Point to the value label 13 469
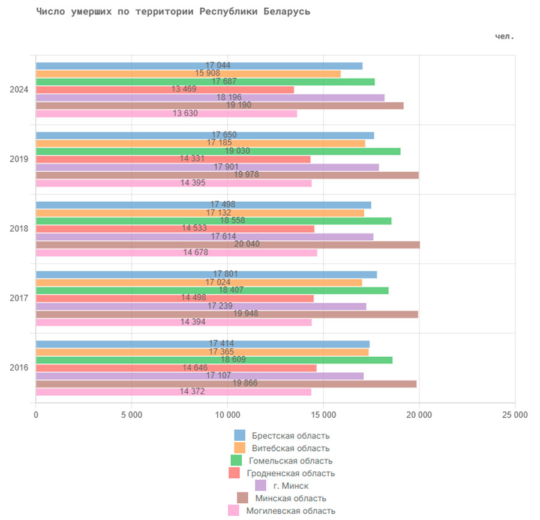coord(184,89)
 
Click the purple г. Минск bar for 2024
coord(300,97)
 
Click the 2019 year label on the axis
coord(19,159)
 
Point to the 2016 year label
coord(19,367)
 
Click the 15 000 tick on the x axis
coord(323,415)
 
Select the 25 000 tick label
coord(514,415)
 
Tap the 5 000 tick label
coord(131,415)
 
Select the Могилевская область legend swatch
coord(233,510)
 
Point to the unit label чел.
coord(505,36)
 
